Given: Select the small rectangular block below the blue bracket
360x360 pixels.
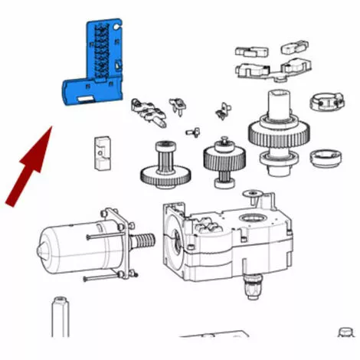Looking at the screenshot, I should [x=99, y=152].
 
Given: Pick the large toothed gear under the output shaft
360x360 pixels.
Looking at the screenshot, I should [x=279, y=133].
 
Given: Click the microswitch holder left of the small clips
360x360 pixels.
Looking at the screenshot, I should [x=149, y=110].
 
